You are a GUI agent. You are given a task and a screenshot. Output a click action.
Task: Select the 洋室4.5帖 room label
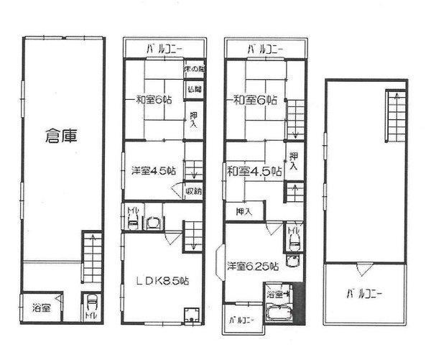[x=154, y=170]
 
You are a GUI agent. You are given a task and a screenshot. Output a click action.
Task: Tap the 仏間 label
[x=194, y=89]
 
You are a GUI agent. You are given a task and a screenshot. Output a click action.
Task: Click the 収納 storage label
[x=193, y=191]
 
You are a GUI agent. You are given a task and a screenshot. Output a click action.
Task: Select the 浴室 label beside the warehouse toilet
[x=40, y=308]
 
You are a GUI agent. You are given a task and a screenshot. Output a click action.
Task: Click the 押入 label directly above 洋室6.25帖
[x=244, y=211]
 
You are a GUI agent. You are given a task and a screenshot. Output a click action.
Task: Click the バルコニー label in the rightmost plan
[x=363, y=293]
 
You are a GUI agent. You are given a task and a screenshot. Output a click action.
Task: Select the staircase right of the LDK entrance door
[x=195, y=236]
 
